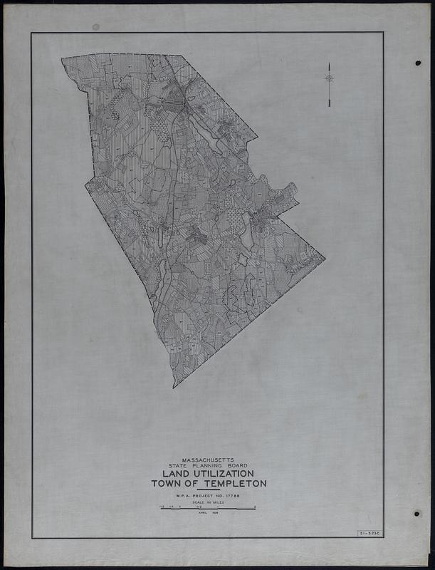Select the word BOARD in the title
234,466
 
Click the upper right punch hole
417,63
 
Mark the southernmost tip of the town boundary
174,387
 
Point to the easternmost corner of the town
325,258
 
